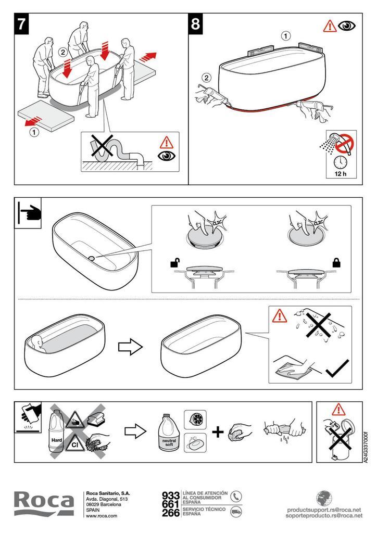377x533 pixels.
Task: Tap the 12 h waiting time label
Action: pyautogui.click(x=340, y=173)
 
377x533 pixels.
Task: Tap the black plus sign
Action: pyautogui.click(x=218, y=432)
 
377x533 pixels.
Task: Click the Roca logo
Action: pyautogui.click(x=44, y=503)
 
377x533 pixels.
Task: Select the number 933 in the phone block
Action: pyautogui.click(x=171, y=495)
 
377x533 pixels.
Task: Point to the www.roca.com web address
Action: pyautogui.click(x=101, y=515)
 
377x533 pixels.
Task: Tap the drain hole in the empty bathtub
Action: pyautogui.click(x=92, y=257)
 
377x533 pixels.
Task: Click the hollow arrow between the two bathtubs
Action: pyautogui.click(x=130, y=347)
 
